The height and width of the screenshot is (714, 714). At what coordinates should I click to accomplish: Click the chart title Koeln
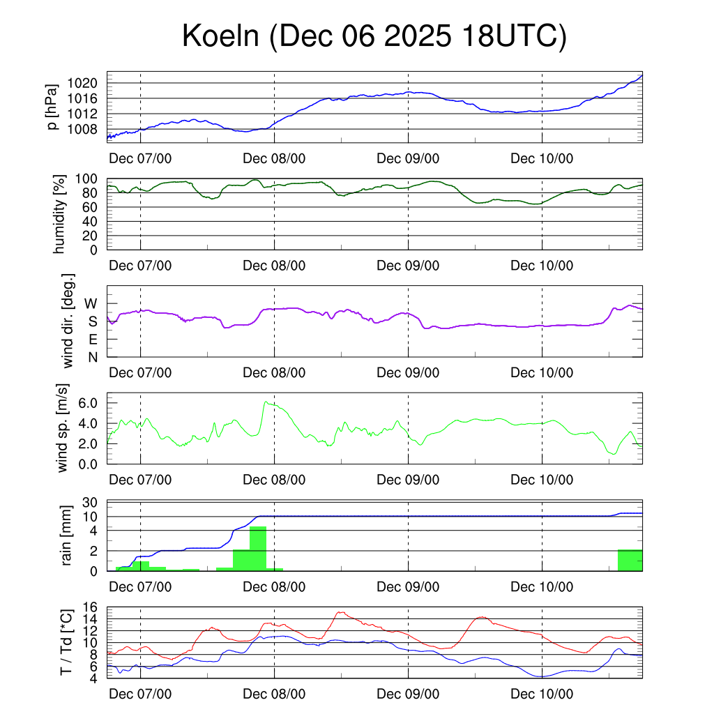click(374, 36)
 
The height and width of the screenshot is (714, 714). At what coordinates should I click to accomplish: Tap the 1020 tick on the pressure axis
click(84, 83)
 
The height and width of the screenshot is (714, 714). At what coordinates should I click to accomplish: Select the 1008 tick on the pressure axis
click(84, 129)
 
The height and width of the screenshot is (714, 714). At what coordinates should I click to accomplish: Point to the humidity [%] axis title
click(61, 214)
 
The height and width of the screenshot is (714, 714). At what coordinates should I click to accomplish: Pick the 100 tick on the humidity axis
click(88, 178)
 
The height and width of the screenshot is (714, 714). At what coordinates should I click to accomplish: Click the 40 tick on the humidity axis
click(91, 221)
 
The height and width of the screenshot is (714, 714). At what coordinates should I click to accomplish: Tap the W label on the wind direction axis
click(91, 303)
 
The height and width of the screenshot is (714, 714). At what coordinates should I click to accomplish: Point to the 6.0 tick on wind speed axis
click(89, 403)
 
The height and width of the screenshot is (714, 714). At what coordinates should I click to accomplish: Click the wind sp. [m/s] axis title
click(63, 428)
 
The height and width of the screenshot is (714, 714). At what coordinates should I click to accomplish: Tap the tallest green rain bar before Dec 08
click(258, 549)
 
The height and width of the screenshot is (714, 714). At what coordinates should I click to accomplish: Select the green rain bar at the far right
click(630, 560)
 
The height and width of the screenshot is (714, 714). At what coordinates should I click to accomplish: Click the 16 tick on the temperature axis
click(91, 607)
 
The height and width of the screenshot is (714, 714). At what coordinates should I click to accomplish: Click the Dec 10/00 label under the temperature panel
click(542, 694)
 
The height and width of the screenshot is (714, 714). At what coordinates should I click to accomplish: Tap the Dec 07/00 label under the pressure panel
click(140, 158)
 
